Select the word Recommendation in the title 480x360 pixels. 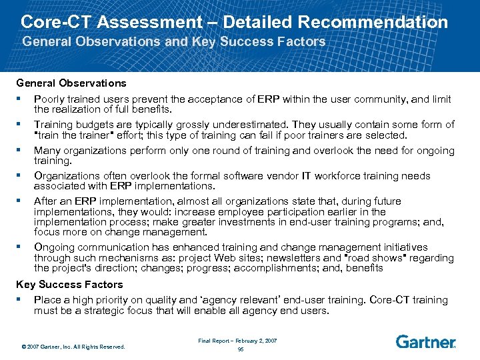point(373,22)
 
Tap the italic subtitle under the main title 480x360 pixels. point(174,42)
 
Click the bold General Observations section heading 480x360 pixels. point(71,83)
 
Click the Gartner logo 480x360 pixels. point(425,342)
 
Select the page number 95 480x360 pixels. point(241,349)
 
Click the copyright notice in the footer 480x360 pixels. point(73,346)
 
